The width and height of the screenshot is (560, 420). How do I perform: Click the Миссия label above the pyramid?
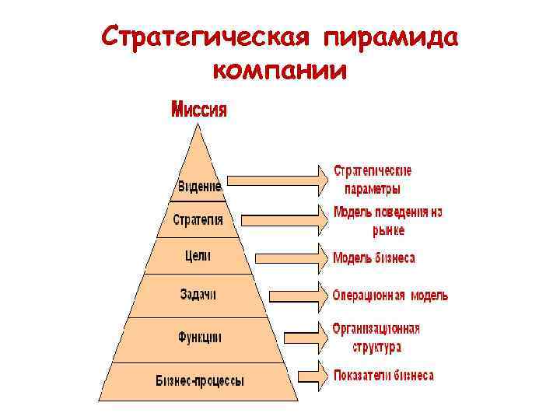coord(199,110)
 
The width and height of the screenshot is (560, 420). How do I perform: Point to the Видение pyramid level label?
coord(199,187)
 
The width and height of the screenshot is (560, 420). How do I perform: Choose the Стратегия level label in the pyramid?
coord(198,220)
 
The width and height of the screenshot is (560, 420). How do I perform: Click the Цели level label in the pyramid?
coord(198,255)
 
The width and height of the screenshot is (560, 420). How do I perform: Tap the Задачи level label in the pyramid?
coord(198,295)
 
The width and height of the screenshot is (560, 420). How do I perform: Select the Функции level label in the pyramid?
coord(199,338)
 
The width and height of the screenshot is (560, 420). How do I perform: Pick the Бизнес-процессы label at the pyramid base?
coord(199,381)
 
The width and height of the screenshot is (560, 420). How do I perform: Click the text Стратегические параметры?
coord(373,180)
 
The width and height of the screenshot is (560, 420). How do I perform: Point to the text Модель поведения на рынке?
coord(387,221)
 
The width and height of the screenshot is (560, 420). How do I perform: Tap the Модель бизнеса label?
coord(373,257)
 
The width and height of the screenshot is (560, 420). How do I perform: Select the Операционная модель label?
coord(390,296)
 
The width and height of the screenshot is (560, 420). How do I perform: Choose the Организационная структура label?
coord(376,338)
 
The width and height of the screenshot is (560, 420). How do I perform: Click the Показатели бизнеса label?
coord(383,376)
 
